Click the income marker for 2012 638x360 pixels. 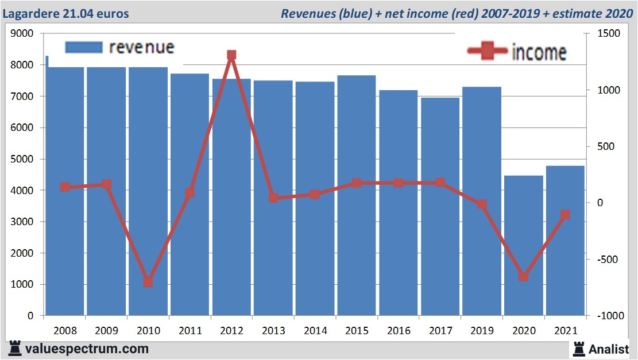(x=231, y=55)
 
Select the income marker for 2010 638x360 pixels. (x=148, y=282)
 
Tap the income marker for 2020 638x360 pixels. (x=523, y=277)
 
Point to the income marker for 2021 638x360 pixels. (x=565, y=215)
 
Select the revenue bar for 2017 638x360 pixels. (x=440, y=207)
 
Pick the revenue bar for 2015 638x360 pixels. (x=357, y=195)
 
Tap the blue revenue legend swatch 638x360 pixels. (x=84, y=47)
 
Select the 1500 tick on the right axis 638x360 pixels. (x=609, y=34)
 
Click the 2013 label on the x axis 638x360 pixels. (x=273, y=330)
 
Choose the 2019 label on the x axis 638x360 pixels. (x=482, y=330)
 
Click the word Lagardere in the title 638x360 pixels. (x=32, y=13)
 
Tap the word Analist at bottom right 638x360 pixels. (x=609, y=349)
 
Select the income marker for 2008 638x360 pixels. (x=65, y=187)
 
